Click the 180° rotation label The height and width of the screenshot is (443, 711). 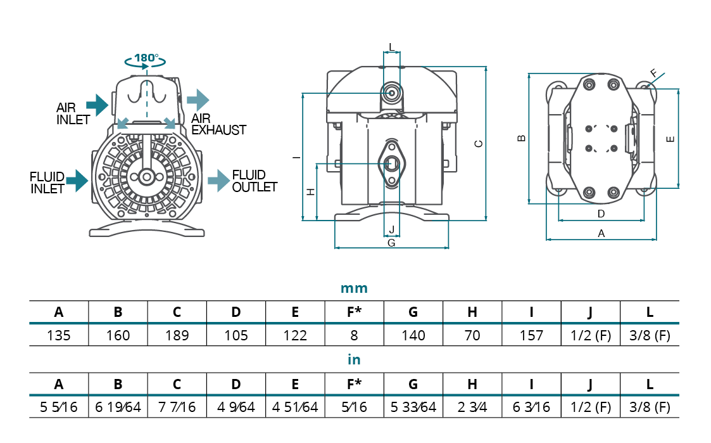(x=146, y=58)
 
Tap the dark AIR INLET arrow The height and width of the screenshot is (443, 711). (x=96, y=104)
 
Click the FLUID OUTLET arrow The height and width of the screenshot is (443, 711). (x=218, y=180)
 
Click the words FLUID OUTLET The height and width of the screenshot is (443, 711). (x=255, y=181)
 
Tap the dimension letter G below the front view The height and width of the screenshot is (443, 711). (x=391, y=243)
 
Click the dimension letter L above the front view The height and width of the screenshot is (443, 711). (x=391, y=47)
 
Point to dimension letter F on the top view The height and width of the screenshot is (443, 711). (x=654, y=73)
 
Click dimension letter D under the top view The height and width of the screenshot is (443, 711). (x=601, y=213)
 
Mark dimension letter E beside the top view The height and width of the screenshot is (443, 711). (x=671, y=139)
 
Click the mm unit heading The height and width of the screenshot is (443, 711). (x=354, y=288)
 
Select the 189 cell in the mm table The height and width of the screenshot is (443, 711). (x=177, y=335)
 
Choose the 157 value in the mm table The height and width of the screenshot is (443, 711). (x=531, y=335)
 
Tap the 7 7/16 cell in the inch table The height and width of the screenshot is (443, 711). (x=177, y=407)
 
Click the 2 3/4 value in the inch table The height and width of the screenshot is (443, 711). (x=472, y=407)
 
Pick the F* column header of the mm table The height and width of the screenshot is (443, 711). (x=354, y=312)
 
